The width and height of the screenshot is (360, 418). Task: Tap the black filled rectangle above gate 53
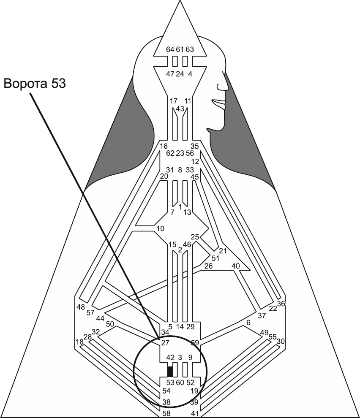tap(170, 371)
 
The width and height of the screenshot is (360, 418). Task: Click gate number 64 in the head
tap(170, 49)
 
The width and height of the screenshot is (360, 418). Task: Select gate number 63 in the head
tap(190, 49)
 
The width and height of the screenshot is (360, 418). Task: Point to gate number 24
tap(180, 74)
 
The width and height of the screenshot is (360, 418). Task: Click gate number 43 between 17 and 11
tap(180, 109)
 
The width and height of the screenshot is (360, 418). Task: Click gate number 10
tap(160, 229)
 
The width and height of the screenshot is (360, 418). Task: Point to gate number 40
tap(235, 266)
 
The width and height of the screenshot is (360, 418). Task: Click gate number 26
tap(208, 266)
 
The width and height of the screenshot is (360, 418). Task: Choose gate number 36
tap(281, 303)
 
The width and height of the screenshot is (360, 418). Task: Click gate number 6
tap(248, 323)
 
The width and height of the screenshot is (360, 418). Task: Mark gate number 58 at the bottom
tap(167, 413)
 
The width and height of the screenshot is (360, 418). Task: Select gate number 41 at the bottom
tap(194, 413)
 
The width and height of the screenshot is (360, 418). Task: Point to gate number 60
tap(180, 383)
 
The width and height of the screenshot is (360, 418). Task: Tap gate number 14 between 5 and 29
tap(180, 326)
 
